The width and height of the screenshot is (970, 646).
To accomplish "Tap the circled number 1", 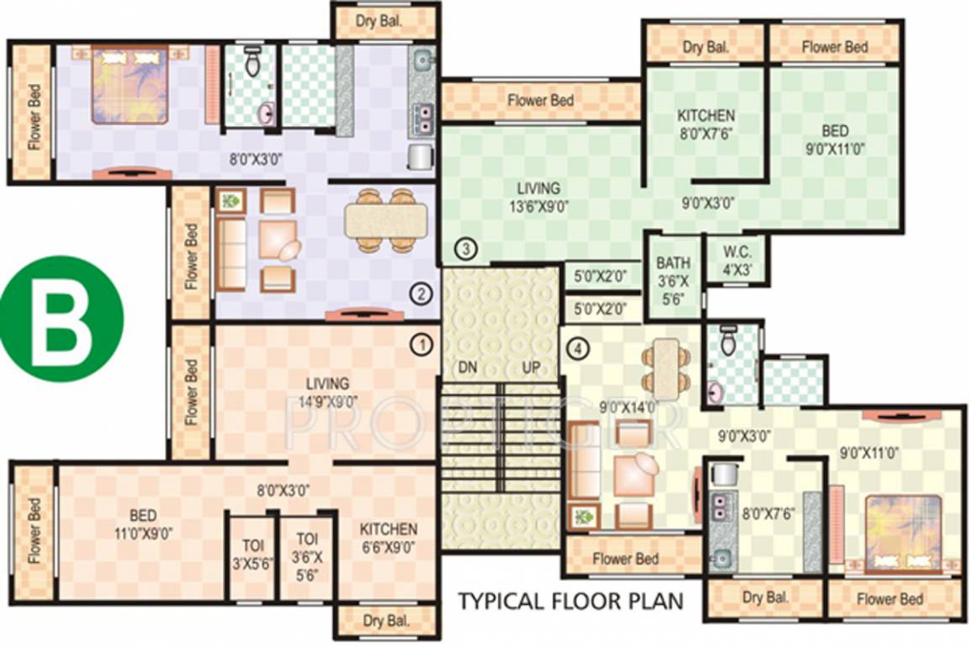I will (x=421, y=343).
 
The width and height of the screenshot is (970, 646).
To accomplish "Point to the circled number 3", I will (x=467, y=248).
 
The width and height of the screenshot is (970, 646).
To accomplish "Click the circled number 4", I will (x=575, y=347).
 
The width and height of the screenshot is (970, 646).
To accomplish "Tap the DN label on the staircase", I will (x=469, y=368).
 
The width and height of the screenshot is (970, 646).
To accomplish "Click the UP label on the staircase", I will (x=531, y=368).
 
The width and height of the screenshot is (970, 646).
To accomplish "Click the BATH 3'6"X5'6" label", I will (x=673, y=280).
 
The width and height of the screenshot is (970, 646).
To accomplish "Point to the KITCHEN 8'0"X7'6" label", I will (x=706, y=123).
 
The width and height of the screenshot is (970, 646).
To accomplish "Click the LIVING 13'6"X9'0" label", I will (x=538, y=196).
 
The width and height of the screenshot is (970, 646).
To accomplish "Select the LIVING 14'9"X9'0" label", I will (x=327, y=393).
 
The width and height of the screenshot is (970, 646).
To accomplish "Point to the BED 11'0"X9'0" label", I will (x=140, y=524).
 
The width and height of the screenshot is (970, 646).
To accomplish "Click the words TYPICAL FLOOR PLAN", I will (x=570, y=601).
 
